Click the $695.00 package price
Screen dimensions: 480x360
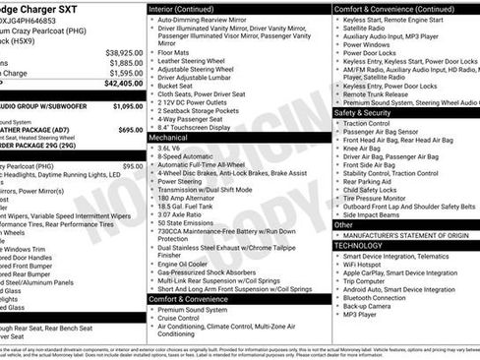(x=129, y=129)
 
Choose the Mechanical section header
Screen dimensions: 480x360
(x=168, y=138)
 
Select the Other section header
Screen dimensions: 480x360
(x=344, y=224)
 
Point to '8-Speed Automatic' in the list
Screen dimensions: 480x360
(x=187, y=155)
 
